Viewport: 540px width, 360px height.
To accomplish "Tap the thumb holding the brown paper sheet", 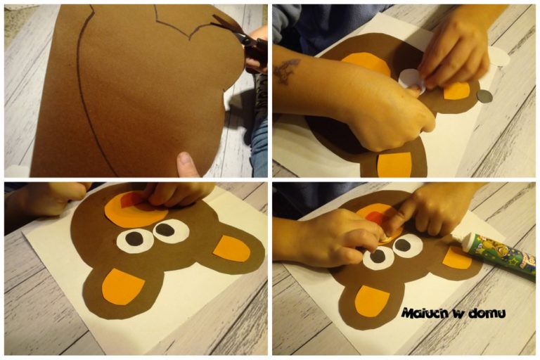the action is coord(187,165).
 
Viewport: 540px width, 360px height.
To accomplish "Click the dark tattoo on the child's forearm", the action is coord(287,70).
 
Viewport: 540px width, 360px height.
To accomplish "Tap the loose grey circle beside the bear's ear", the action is coord(484,96).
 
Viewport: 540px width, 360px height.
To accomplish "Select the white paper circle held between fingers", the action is coord(411,80).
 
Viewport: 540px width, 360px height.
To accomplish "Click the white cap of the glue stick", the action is coord(470,241).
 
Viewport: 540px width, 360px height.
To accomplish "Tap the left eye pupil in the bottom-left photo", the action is coord(134,238).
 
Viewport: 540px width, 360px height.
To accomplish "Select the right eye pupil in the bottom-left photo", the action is coord(165,229).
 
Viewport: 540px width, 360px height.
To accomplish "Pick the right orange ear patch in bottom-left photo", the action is coord(232,248).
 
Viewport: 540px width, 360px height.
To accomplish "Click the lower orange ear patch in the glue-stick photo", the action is coord(372,301).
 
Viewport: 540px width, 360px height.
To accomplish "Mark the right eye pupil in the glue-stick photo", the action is coord(402,245).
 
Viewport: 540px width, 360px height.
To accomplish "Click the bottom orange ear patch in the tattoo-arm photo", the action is coord(394,165).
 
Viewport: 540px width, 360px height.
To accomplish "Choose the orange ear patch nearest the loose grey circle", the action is coord(456,91).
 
